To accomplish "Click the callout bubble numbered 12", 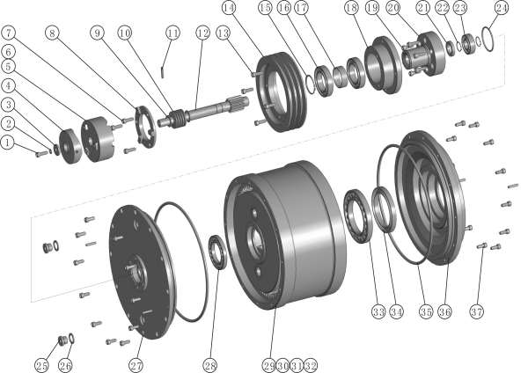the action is [x=202, y=33].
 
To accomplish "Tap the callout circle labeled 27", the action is [x=136, y=365].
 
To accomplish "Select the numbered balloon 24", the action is [x=502, y=8].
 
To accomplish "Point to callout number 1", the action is [x=7, y=143].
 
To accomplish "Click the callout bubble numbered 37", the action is [x=476, y=311].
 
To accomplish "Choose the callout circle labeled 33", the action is [x=378, y=311].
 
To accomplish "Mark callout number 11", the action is [x=172, y=33].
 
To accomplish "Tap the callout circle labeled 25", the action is [x=41, y=365].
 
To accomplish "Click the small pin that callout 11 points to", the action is [x=162, y=72].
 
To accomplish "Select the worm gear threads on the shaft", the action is [x=180, y=118].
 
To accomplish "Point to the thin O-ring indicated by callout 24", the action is [x=488, y=39].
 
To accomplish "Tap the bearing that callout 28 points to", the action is [x=217, y=252].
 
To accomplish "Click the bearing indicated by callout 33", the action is [x=357, y=216].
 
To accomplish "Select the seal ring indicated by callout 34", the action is [x=385, y=209].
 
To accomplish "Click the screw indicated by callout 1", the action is [x=41, y=154].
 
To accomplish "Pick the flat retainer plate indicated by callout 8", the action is [x=145, y=126].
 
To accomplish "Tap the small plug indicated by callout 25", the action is [x=62, y=340].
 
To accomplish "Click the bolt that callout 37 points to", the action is [x=482, y=245].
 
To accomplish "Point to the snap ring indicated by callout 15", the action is [x=310, y=84].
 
